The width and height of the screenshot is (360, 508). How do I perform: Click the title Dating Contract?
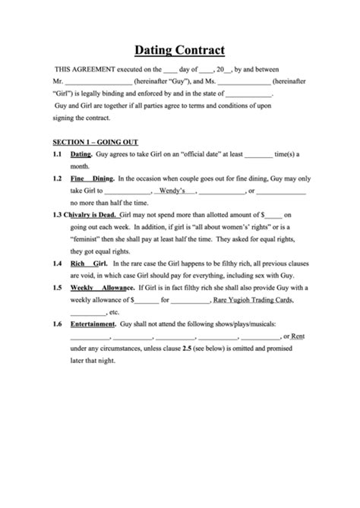tap(180, 51)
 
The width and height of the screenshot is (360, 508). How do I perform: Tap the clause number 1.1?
tap(57, 154)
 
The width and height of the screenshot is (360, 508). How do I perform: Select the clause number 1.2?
tap(57, 178)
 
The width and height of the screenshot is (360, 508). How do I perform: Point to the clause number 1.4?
tap(57, 263)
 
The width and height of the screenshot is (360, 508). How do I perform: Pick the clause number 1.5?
tap(57, 288)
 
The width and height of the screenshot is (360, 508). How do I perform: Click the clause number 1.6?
tap(57, 324)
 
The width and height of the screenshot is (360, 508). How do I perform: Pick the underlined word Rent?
tap(298, 336)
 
